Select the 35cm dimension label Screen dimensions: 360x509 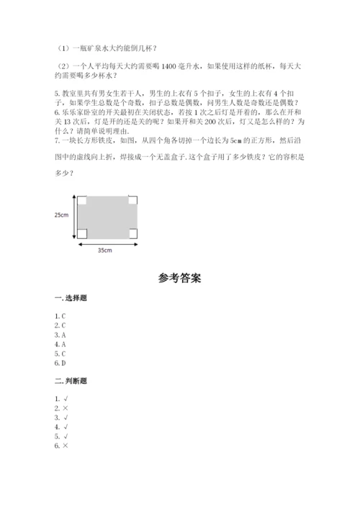105,250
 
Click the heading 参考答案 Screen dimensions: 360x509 179,277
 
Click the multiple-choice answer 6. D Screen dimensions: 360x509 60,363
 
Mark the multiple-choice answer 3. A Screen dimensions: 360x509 60,335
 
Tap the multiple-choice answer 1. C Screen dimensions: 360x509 60,316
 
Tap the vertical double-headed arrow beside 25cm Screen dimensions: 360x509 73,215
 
